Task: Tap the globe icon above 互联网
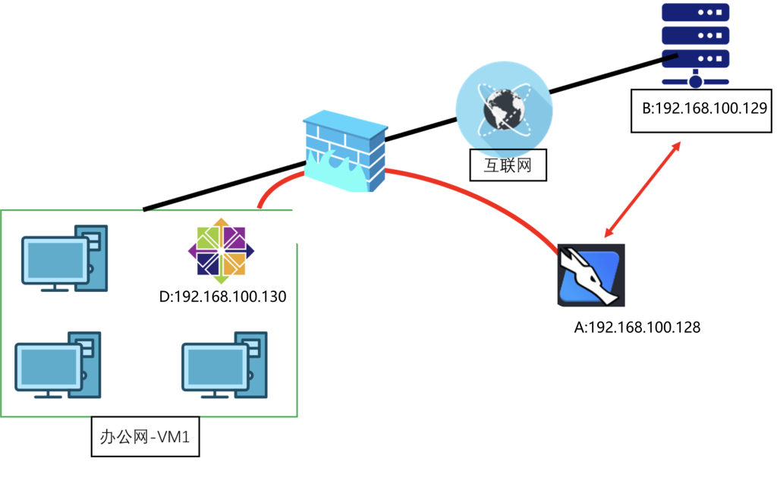(503, 106)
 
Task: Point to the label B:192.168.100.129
(701, 109)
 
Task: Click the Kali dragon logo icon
(591, 275)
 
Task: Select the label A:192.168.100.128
(636, 328)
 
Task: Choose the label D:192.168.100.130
(222, 297)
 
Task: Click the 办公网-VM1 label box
(145, 436)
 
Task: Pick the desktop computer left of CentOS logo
(64, 258)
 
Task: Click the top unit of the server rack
(695, 14)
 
